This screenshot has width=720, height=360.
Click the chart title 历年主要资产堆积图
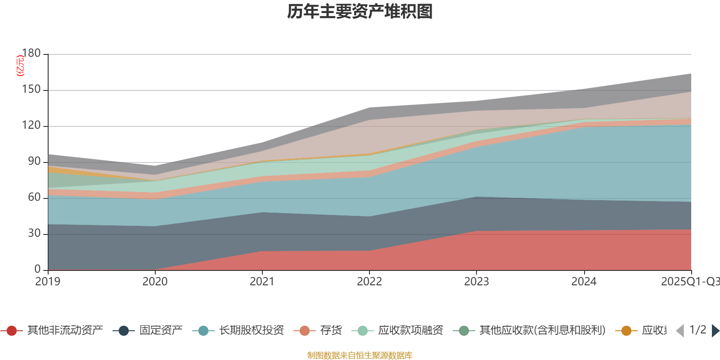coord(360,12)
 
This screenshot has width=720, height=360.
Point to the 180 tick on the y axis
coord(31,53)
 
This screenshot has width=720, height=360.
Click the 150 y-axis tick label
coord(31,90)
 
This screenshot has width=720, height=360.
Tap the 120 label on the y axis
coord(31,126)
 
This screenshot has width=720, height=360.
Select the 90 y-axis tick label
coord(34,161)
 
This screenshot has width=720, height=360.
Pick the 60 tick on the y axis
coord(34,197)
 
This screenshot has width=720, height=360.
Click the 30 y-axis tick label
coord(34,233)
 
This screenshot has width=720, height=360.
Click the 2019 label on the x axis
coord(48,282)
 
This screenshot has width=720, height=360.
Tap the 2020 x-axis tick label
coord(155,282)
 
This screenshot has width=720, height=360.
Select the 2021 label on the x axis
coord(262,282)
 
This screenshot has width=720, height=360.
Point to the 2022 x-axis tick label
coord(369,282)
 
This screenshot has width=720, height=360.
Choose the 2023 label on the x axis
coord(477,282)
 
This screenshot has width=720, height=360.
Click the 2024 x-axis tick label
coord(584,282)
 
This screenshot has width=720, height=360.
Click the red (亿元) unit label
coord(20,66)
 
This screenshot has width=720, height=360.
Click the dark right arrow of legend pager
coord(715,331)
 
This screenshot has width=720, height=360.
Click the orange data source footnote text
coord(360,355)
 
